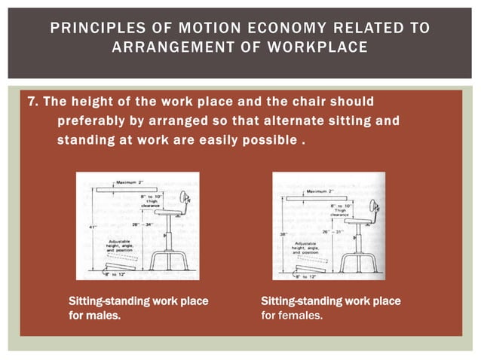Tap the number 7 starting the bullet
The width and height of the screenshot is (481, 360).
pos(32,102)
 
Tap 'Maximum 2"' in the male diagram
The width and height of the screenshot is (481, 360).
pos(121,182)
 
